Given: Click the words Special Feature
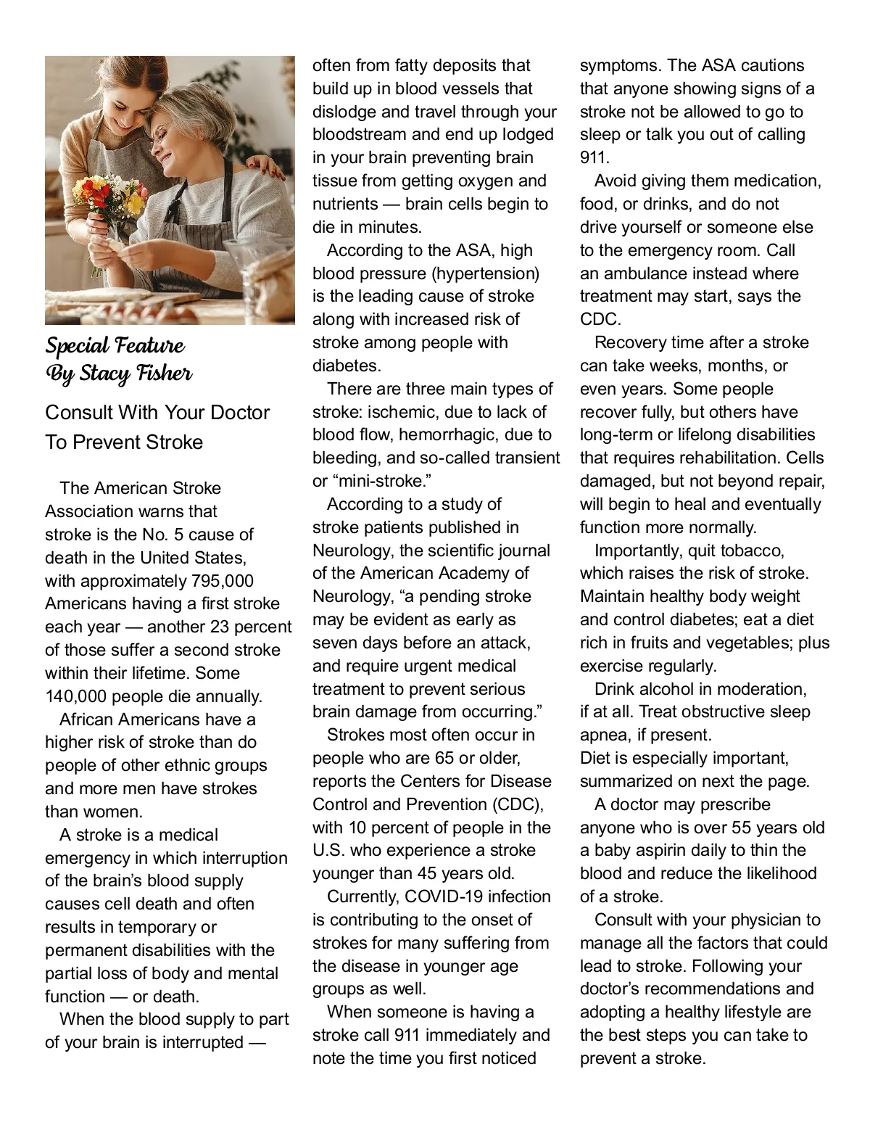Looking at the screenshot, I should pos(115,345).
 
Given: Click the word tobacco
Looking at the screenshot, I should pos(750,550).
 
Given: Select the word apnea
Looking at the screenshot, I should pos(605,735).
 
